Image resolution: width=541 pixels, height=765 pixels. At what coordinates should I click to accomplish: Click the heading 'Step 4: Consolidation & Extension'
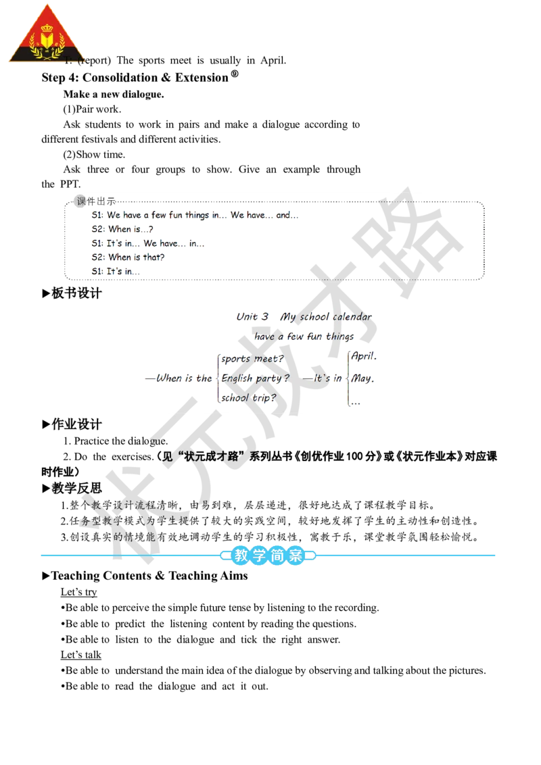[135, 78]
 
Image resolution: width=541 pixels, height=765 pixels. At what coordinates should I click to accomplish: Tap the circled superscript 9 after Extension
[235, 74]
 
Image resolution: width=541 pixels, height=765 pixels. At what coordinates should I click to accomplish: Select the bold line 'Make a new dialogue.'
[114, 94]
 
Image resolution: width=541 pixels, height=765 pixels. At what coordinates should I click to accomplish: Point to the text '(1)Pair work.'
[92, 109]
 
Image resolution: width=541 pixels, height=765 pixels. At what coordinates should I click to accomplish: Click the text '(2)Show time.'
[94, 155]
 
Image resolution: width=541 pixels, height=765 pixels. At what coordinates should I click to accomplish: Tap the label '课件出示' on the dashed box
[96, 201]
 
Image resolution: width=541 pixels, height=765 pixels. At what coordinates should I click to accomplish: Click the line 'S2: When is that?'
[128, 257]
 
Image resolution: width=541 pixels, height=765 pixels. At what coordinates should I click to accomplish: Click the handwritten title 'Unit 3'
[252, 317]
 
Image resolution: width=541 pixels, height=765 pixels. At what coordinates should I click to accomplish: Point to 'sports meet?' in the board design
[252, 359]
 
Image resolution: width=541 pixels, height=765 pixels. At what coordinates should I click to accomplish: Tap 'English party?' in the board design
[256, 378]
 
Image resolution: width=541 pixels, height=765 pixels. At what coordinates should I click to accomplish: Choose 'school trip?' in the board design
[249, 397]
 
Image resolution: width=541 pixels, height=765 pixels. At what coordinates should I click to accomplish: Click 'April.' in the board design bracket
[364, 356]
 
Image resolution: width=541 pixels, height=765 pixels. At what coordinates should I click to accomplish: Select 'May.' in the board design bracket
[362, 378]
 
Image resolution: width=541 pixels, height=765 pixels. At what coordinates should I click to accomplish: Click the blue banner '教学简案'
[268, 556]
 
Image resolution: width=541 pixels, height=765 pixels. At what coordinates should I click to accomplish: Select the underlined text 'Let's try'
[78, 592]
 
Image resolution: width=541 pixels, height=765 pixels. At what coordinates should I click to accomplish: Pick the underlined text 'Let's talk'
[81, 655]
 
